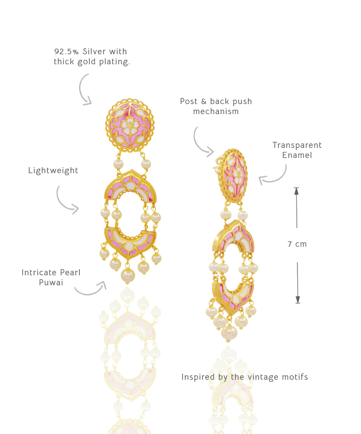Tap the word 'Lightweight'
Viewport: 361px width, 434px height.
pos(53,171)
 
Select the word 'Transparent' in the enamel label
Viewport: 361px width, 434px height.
pos(297,145)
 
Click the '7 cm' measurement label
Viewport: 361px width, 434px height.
pos(297,244)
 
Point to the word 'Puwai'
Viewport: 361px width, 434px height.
pos(51,283)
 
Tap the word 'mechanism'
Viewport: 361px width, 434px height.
pos(216,112)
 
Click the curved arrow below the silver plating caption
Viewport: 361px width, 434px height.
pos(85,89)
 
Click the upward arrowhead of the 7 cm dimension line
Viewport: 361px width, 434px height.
pos(296,191)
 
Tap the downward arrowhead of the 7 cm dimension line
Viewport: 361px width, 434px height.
pos(298,300)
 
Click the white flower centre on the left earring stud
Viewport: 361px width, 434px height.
pos(129,125)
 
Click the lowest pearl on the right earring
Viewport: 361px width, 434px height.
pos(229,333)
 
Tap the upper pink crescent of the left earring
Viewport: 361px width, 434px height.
pos(131,186)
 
